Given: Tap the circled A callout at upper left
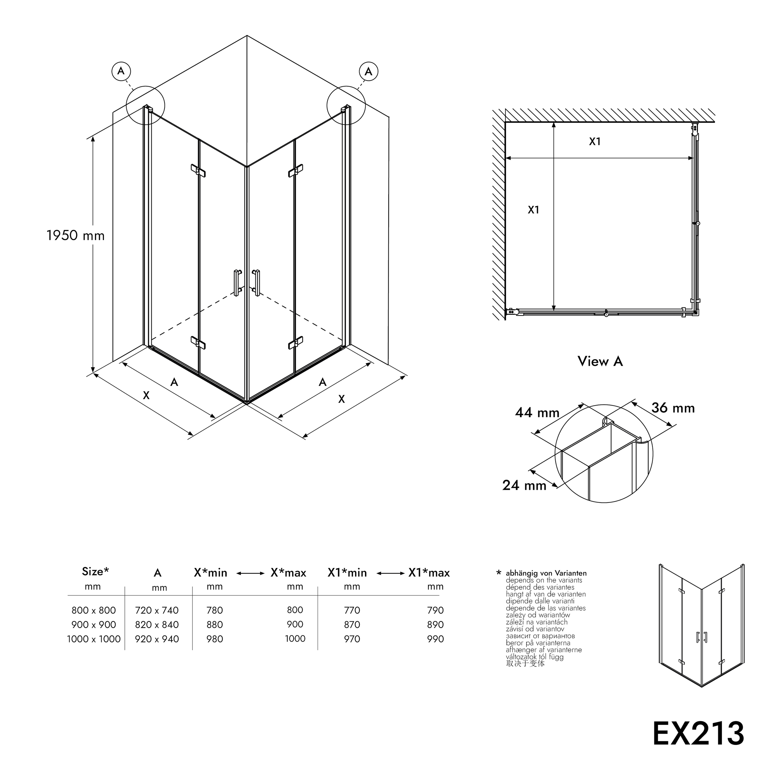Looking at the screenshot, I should click(x=121, y=71).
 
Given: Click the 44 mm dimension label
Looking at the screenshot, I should click(x=537, y=413).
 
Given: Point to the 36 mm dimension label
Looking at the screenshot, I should click(x=673, y=408).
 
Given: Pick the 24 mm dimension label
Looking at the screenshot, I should click(x=524, y=485).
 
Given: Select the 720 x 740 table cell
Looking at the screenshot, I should click(x=157, y=611).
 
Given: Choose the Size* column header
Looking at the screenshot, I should click(x=95, y=571).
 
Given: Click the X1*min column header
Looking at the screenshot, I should click(x=347, y=573).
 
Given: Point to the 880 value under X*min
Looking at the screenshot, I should click(x=214, y=625).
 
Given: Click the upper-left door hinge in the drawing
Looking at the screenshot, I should click(x=198, y=170).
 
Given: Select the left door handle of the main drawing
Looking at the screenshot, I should click(x=237, y=283).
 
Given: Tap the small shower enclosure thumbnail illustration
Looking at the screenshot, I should click(x=702, y=625).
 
